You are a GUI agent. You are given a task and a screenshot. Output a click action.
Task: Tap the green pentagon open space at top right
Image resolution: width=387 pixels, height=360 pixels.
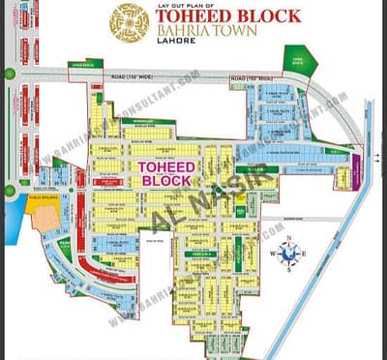293,58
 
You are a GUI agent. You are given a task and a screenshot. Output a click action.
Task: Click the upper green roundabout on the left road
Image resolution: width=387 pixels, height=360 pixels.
10,74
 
